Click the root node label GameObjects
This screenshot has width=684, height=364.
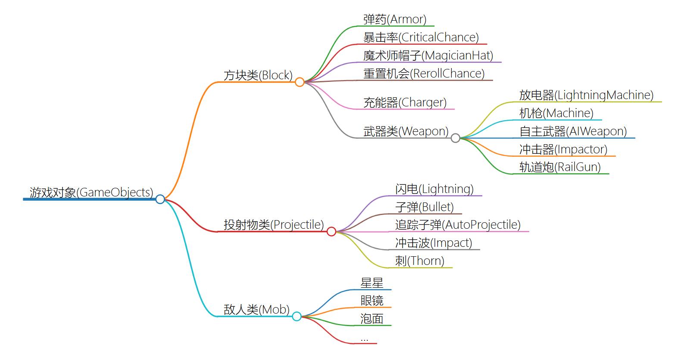click(x=91, y=192)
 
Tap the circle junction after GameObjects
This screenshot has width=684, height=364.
click(x=160, y=199)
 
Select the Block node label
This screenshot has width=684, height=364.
click(x=258, y=75)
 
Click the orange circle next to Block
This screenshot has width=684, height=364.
click(x=300, y=82)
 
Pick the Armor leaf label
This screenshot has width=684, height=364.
click(x=394, y=19)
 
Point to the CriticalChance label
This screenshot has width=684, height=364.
click(x=421, y=37)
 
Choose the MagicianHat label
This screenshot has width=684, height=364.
click(x=428, y=56)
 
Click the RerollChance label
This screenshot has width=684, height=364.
click(x=424, y=74)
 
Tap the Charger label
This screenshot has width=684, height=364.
click(x=405, y=103)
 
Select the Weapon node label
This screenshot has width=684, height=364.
click(x=406, y=131)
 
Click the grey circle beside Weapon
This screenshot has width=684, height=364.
click(x=455, y=138)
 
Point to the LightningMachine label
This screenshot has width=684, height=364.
click(x=586, y=95)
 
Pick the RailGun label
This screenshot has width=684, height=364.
click(x=560, y=167)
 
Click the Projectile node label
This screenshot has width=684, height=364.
click(x=273, y=225)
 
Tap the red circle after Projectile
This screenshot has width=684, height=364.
click(x=331, y=231)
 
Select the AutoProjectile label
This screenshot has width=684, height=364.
click(x=458, y=225)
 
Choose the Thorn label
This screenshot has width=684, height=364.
click(x=419, y=261)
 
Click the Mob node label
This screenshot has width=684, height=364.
click(x=256, y=310)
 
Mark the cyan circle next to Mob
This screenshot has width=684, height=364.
click(x=297, y=316)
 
